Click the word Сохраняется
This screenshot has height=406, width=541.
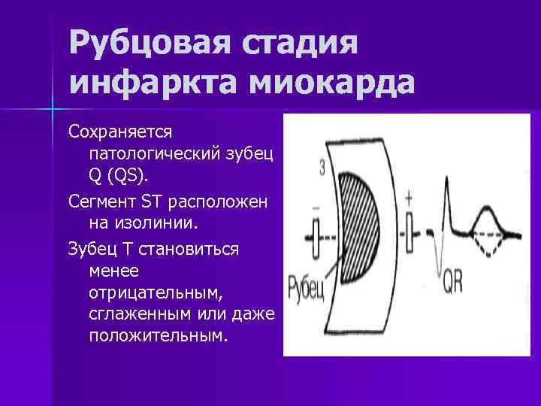click(120, 132)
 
